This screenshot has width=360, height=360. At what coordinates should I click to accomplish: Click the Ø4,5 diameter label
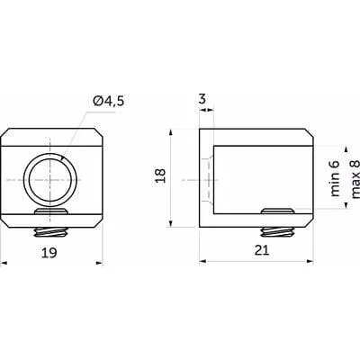[109, 101]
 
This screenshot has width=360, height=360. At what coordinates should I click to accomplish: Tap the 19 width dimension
[49, 253]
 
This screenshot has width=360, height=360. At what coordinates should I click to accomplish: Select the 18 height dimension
[161, 175]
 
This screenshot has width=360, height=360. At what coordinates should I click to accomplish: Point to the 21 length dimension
[262, 250]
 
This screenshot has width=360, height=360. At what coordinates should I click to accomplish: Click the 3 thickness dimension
[202, 99]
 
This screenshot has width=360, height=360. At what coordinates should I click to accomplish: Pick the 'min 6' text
[335, 178]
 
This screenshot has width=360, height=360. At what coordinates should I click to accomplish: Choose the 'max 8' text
[355, 179]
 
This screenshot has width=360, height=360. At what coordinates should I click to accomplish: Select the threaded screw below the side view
[277, 232]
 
